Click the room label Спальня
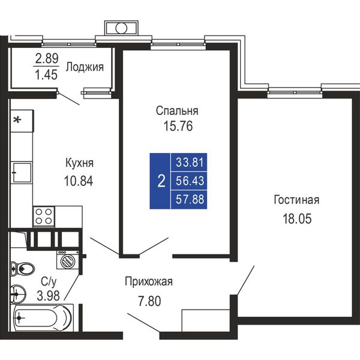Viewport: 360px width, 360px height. [177, 111]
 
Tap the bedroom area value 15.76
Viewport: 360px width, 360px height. [178, 126]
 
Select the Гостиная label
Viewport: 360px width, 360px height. [296, 200]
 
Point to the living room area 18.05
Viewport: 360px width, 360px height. [297, 218]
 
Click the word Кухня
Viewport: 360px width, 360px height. [79, 163]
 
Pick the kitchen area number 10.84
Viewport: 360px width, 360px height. [79, 181]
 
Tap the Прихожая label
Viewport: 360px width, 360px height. [149, 281]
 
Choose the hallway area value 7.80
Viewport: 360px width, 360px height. [149, 301]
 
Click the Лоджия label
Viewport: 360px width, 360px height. [85, 67]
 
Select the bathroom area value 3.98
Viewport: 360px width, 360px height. [48, 296]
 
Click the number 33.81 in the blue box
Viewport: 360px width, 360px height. [190, 163]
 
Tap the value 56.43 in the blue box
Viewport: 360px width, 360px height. [190, 181]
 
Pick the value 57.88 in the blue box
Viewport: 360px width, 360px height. [190, 199]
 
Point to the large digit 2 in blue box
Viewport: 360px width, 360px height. [161, 181]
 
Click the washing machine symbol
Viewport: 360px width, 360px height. [68, 260]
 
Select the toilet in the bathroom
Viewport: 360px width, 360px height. [23, 268]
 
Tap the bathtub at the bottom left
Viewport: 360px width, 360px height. [43, 318]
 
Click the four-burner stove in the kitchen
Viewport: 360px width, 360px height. [44, 217]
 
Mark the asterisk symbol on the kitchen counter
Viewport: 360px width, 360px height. [17, 119]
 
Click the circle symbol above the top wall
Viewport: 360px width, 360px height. [121, 28]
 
